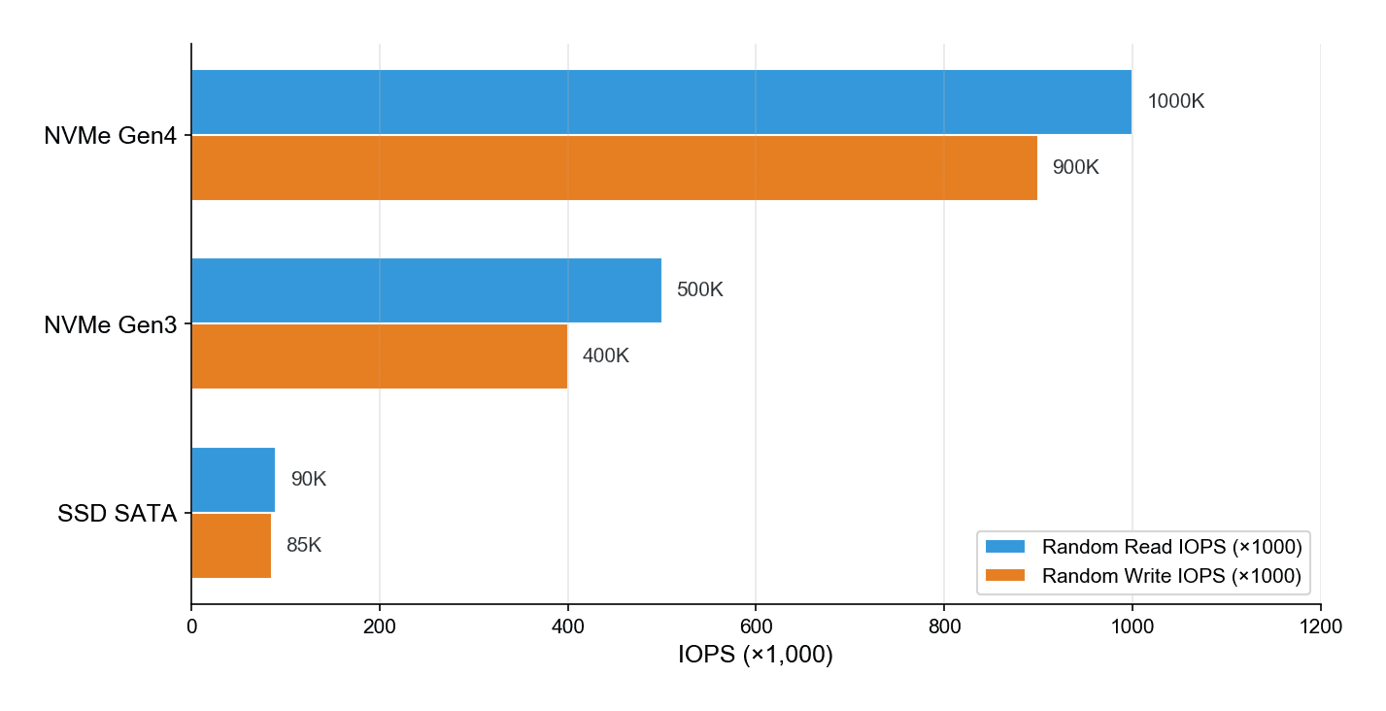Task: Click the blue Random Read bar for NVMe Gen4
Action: click(660, 102)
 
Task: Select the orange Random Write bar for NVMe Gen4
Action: click(614, 168)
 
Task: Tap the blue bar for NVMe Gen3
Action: click(425, 290)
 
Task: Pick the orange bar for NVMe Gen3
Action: click(379, 356)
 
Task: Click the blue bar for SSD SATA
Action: click(233, 480)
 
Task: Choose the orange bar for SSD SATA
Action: click(231, 546)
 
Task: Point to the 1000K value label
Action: click(1175, 102)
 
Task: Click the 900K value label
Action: click(1075, 168)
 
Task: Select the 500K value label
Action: click(699, 290)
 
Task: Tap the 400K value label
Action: click(605, 356)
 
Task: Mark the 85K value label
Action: click(303, 546)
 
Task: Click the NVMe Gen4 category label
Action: click(110, 137)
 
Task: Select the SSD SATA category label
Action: click(117, 515)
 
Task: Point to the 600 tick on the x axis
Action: click(756, 627)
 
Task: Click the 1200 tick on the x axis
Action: click(1320, 627)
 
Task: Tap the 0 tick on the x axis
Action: click(191, 627)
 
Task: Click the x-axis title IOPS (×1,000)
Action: click(756, 656)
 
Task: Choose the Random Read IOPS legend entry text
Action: click(1171, 547)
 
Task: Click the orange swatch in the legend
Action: click(1005, 576)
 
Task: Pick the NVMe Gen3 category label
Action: click(110, 325)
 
